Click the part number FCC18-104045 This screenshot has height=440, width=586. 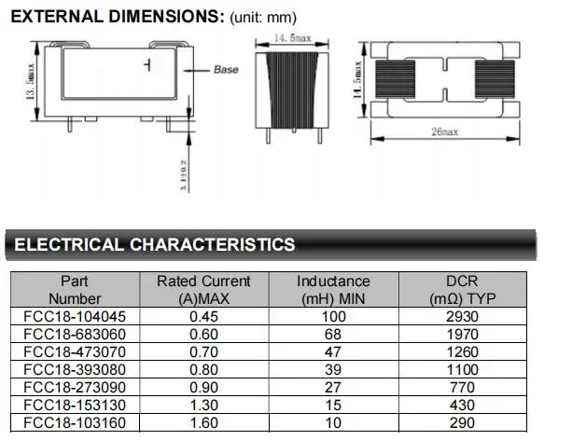75,317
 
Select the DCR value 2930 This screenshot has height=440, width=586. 462,317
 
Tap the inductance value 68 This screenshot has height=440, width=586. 333,335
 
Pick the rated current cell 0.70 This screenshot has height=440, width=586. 203,352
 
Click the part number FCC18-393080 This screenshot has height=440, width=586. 75,370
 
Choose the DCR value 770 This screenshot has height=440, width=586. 462,388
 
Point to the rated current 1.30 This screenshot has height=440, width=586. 203,406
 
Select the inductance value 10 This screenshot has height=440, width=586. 333,423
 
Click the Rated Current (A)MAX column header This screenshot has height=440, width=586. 203,290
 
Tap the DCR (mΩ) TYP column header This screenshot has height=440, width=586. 462,290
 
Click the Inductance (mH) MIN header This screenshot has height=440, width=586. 333,290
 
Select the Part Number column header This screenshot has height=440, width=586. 75,290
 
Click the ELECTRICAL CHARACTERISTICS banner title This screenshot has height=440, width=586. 155,245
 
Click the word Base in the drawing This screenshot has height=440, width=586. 227,70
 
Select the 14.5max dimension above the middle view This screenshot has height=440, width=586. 291,37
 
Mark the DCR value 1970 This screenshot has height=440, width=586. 462,335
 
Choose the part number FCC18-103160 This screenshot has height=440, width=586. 75,423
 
